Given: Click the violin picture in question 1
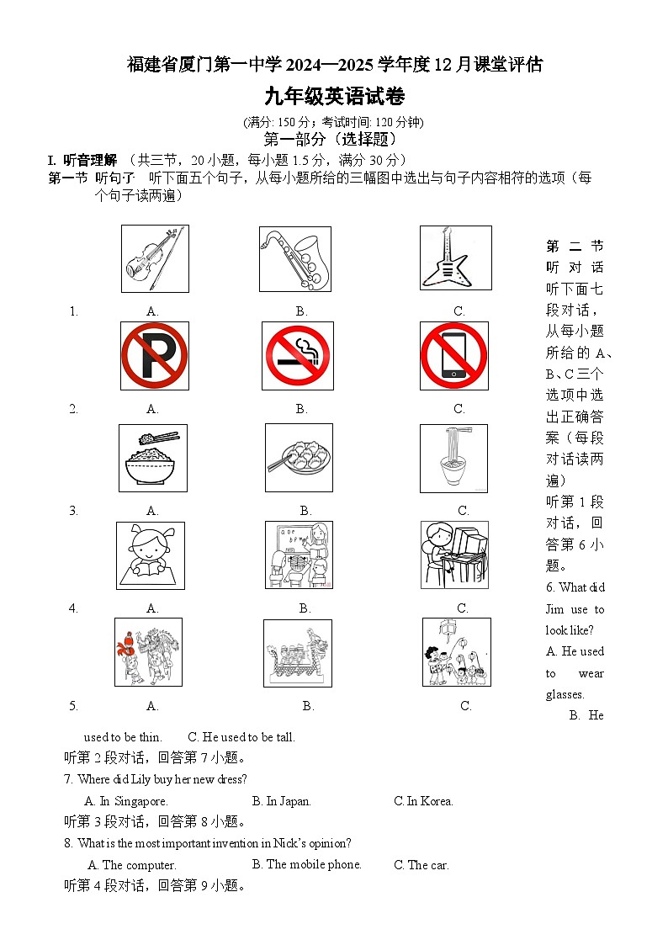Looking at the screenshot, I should [155, 258].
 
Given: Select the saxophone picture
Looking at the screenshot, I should [295, 258].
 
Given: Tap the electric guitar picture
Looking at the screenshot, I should [455, 258].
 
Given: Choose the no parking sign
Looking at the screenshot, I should [154, 356].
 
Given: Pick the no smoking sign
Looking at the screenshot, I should [297, 356].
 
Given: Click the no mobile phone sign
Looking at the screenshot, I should [454, 356].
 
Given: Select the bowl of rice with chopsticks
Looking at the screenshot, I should [152, 458].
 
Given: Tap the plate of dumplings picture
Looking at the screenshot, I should [299, 458].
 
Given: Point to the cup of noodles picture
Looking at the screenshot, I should [454, 458].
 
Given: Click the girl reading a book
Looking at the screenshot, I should [151, 555].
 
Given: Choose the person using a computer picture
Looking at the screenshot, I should [454, 555].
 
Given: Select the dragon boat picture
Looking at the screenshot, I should [298, 653].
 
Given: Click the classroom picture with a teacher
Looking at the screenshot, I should [299, 555].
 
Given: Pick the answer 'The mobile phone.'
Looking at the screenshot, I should [307, 864].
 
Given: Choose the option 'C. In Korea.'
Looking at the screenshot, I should [423, 801].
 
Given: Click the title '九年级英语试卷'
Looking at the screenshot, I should [334, 98].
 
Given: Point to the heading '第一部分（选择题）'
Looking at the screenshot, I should [330, 140].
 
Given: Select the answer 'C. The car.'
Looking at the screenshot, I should [421, 865].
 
